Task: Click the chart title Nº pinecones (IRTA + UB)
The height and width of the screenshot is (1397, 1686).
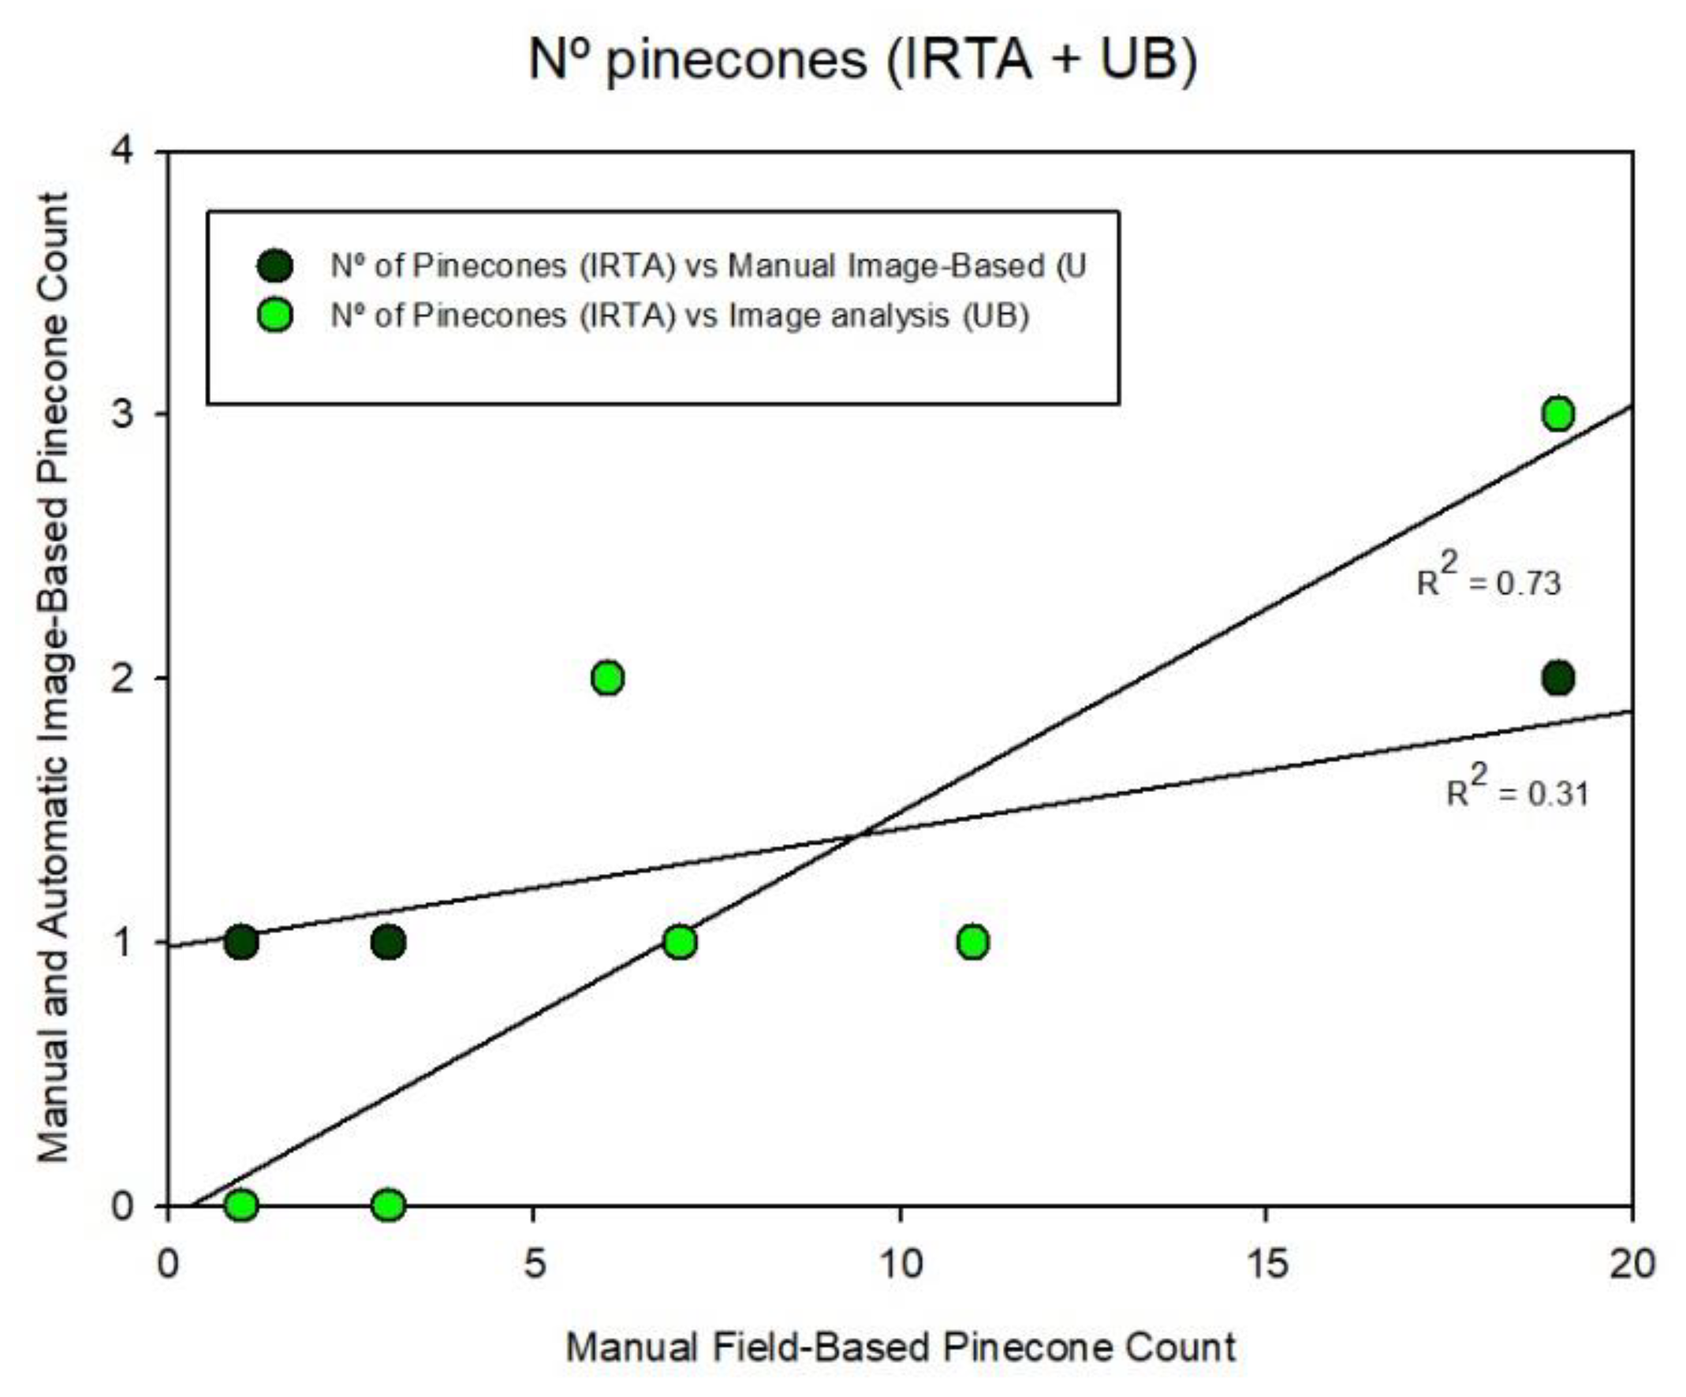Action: (x=863, y=60)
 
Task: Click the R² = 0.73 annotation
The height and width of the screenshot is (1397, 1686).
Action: (x=1489, y=579)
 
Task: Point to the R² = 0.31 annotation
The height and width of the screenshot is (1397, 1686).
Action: (x=1517, y=790)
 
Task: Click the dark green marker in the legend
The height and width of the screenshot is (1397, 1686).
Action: (x=274, y=265)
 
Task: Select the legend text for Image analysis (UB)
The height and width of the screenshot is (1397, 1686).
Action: (x=679, y=316)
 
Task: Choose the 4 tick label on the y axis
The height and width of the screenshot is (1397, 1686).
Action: (x=122, y=151)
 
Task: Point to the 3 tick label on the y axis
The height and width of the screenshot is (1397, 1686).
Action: (x=122, y=415)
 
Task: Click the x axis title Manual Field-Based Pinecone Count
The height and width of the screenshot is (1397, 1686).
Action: (x=900, y=1347)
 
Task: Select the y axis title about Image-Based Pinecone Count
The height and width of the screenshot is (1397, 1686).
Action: (x=54, y=678)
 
